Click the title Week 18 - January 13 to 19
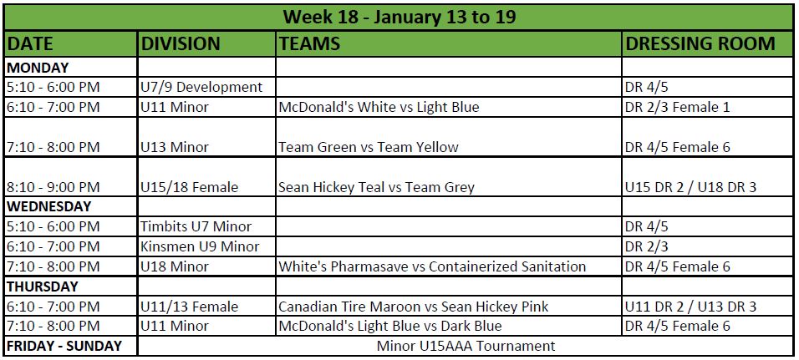click(x=399, y=18)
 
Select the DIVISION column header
click(x=181, y=43)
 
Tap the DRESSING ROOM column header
click(x=700, y=43)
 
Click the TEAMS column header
click(x=308, y=43)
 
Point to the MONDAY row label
click(x=38, y=67)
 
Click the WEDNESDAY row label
click(x=49, y=207)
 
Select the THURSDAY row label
click(x=43, y=286)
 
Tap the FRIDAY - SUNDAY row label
click(x=64, y=347)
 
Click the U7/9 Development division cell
click(x=201, y=87)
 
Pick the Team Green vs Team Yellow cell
click(x=369, y=147)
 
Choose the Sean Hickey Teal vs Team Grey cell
click(x=376, y=187)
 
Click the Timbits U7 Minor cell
click(x=196, y=226)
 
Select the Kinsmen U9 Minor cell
click(x=201, y=247)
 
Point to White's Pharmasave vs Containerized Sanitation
click(x=432, y=266)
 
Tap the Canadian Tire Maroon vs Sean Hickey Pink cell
click(x=413, y=307)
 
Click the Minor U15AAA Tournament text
click(x=466, y=347)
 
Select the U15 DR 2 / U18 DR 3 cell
click(x=691, y=187)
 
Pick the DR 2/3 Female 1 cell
click(x=678, y=108)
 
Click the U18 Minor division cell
click(x=175, y=266)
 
